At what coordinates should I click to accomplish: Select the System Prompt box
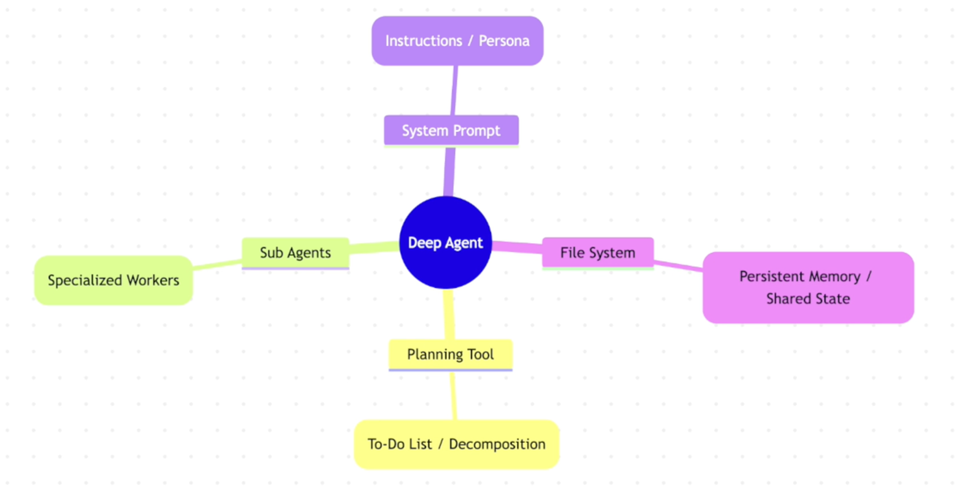click(x=451, y=130)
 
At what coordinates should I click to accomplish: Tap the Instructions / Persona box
click(x=457, y=41)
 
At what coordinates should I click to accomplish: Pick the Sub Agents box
click(x=295, y=253)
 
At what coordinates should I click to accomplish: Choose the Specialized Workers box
click(x=113, y=280)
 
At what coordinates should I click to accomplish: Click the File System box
click(x=597, y=253)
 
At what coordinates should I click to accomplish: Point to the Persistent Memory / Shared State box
click(x=808, y=287)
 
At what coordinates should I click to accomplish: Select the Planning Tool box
click(x=450, y=354)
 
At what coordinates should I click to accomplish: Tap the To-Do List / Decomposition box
click(x=456, y=444)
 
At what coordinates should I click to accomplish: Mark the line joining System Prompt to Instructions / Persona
click(x=454, y=91)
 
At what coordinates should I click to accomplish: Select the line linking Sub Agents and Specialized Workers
click(x=217, y=264)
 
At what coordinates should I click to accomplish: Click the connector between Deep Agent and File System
click(x=517, y=247)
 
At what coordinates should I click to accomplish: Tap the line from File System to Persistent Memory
click(x=678, y=266)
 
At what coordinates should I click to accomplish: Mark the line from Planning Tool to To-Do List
click(x=454, y=396)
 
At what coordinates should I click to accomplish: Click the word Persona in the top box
click(x=504, y=41)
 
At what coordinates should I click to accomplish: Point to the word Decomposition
click(x=497, y=444)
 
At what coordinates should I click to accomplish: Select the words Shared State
click(x=808, y=299)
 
